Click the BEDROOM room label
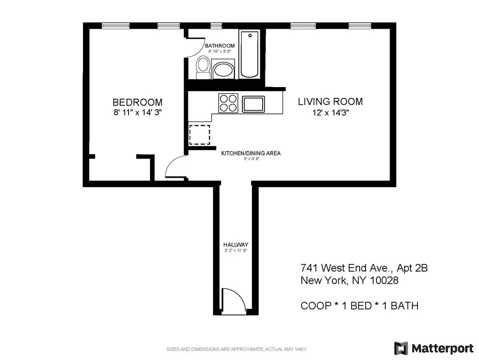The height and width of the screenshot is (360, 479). pos(137,102)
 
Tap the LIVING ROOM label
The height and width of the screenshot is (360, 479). pos(331,101)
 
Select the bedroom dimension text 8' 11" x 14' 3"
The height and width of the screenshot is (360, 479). pos(137,112)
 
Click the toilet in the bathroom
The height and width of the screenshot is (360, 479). pos(203,68)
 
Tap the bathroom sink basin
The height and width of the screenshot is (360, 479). pos(224,71)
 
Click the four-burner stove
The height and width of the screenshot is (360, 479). pos(228,102)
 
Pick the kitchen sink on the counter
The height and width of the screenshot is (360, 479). pos(252,103)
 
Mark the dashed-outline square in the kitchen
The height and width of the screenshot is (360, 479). pos(199,134)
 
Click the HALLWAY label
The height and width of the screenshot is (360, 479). pos(236,245)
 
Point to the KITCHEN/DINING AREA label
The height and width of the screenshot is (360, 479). pos(251,153)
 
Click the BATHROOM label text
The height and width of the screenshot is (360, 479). pos(220,46)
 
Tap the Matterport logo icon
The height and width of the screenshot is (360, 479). pos(401,348)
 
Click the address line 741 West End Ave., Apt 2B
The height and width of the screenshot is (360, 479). pos(364,268)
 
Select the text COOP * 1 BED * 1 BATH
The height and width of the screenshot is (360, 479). pos(359,306)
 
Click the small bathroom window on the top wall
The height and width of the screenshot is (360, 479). pos(216,26)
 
